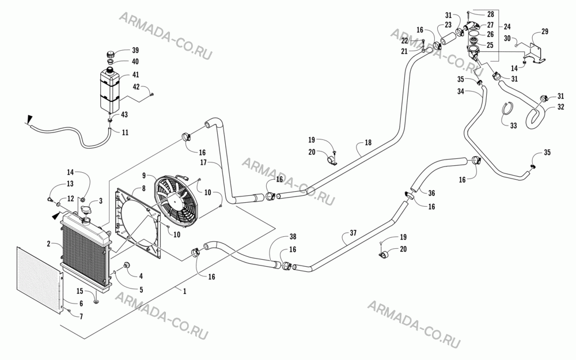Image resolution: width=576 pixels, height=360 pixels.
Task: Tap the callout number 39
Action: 135,50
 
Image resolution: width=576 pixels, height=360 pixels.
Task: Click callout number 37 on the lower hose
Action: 353,233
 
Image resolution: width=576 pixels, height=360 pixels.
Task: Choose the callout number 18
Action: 368,142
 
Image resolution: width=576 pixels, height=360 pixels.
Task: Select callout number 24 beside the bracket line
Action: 507,26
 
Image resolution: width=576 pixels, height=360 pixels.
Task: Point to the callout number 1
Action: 185,291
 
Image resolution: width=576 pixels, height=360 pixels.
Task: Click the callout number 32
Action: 560,107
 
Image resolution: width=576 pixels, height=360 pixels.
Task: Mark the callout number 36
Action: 431,193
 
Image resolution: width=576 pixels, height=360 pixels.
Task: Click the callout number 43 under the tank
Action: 124,115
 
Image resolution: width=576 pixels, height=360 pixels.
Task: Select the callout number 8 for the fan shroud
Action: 143,188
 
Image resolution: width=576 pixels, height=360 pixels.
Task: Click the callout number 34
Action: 461,92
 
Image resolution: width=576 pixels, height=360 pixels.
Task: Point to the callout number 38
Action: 293,237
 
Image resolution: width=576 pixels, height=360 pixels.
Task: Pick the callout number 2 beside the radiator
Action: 48,243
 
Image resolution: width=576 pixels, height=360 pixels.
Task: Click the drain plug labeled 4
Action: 127,265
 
